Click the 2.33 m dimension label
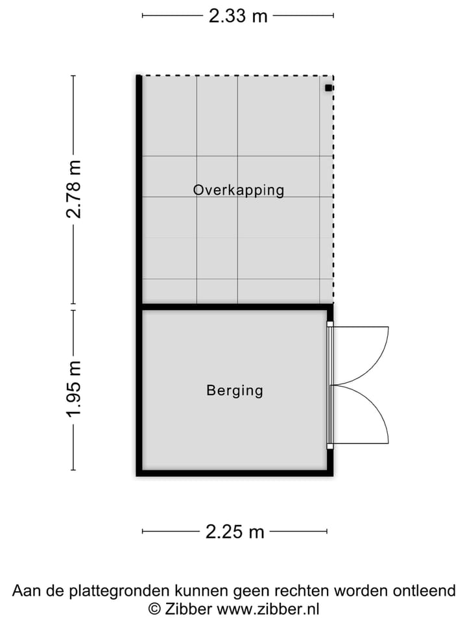[238, 16]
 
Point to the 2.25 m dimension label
[235, 532]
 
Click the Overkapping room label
[238, 190]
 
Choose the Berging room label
[235, 391]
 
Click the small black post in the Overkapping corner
[329, 88]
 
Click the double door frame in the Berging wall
[329, 385]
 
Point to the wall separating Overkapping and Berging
[233, 306]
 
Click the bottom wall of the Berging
[233, 472]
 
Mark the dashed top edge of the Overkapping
[237, 76]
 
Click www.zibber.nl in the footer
[268, 609]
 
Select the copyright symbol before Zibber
[154, 609]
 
